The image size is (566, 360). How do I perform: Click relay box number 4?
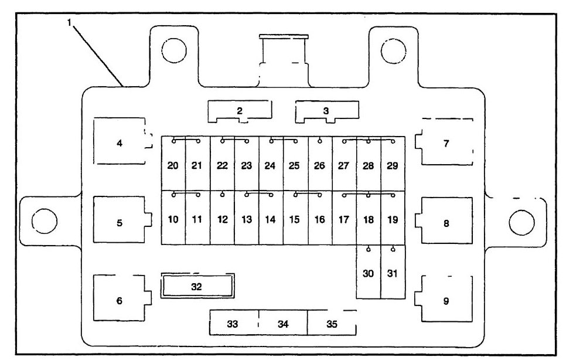120,142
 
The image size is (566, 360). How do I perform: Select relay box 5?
120,222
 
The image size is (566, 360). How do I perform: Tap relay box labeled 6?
120,300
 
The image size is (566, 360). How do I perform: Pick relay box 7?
446,143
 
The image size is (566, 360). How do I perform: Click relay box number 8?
446,223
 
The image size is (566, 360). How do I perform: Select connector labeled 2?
240,110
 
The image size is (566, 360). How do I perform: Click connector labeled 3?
326,110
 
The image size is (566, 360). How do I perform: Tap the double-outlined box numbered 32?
198,286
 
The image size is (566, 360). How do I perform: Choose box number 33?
233,323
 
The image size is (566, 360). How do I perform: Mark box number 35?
332,323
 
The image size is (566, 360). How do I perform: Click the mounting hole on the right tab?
520,221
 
